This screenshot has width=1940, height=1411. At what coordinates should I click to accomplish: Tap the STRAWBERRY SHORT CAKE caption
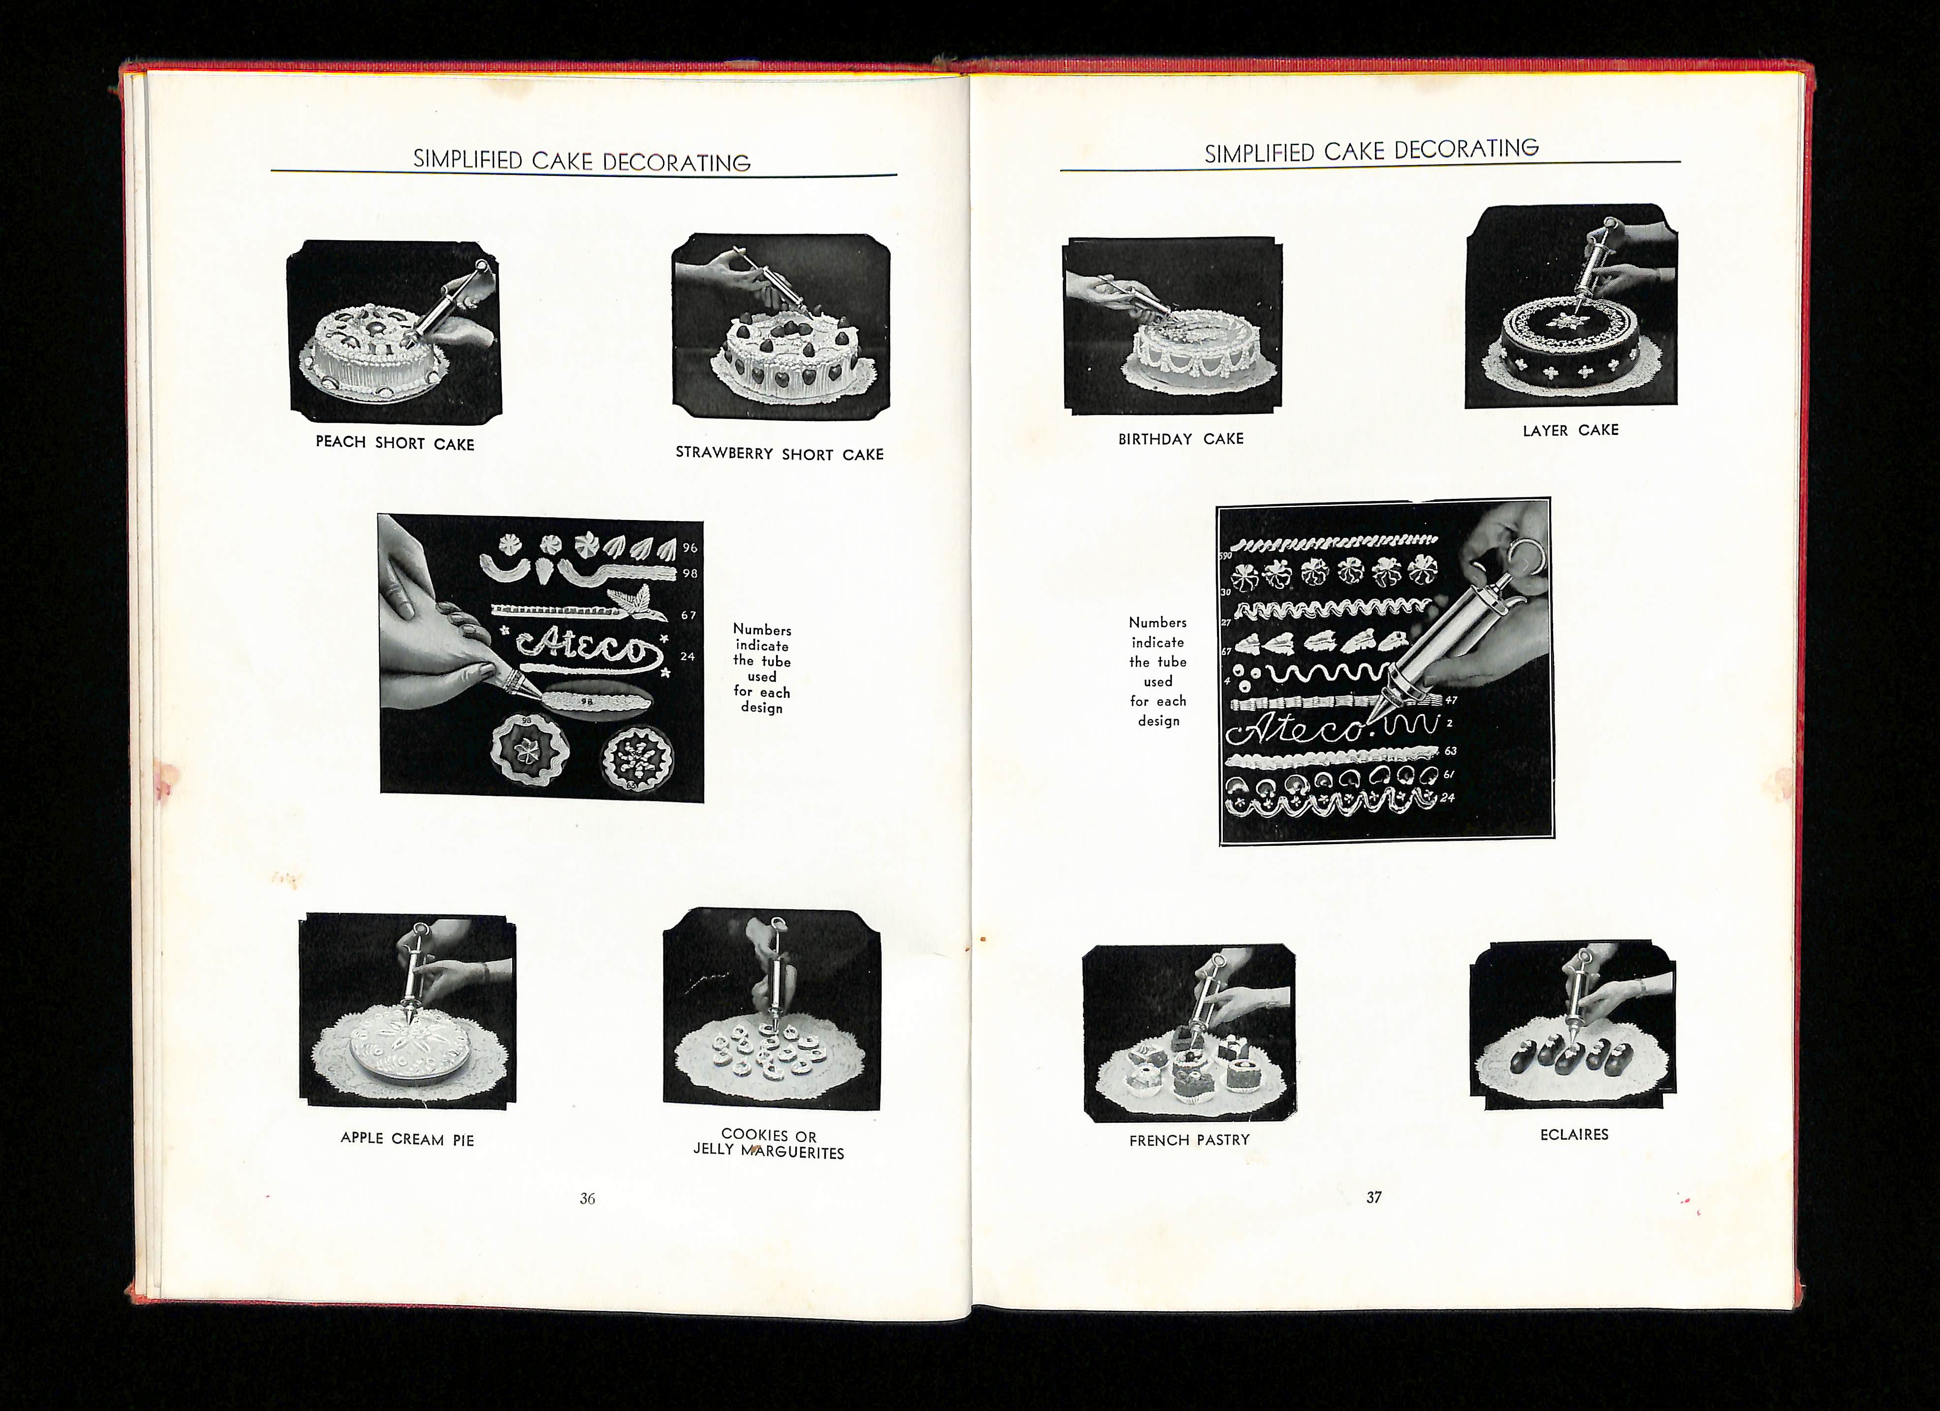(x=779, y=453)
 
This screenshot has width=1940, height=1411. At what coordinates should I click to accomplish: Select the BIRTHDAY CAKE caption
(x=1181, y=439)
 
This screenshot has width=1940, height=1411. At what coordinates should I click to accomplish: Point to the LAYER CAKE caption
(x=1570, y=430)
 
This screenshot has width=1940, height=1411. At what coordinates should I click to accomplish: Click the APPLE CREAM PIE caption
(x=407, y=1138)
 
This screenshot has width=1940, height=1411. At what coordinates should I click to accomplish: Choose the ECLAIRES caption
(x=1574, y=1134)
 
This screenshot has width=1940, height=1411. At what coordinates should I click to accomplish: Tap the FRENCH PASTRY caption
(x=1189, y=1140)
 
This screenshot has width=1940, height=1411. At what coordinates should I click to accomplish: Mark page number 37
(x=1374, y=1197)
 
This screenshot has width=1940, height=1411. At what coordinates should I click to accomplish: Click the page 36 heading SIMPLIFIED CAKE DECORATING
(x=582, y=161)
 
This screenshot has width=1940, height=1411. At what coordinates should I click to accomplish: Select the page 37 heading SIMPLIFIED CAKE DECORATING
(x=1371, y=151)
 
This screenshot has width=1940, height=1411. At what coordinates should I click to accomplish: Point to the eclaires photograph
(x=1572, y=1025)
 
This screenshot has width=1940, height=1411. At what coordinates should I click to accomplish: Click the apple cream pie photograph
(x=407, y=1011)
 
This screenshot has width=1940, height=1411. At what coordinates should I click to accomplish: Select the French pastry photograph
(x=1189, y=1033)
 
